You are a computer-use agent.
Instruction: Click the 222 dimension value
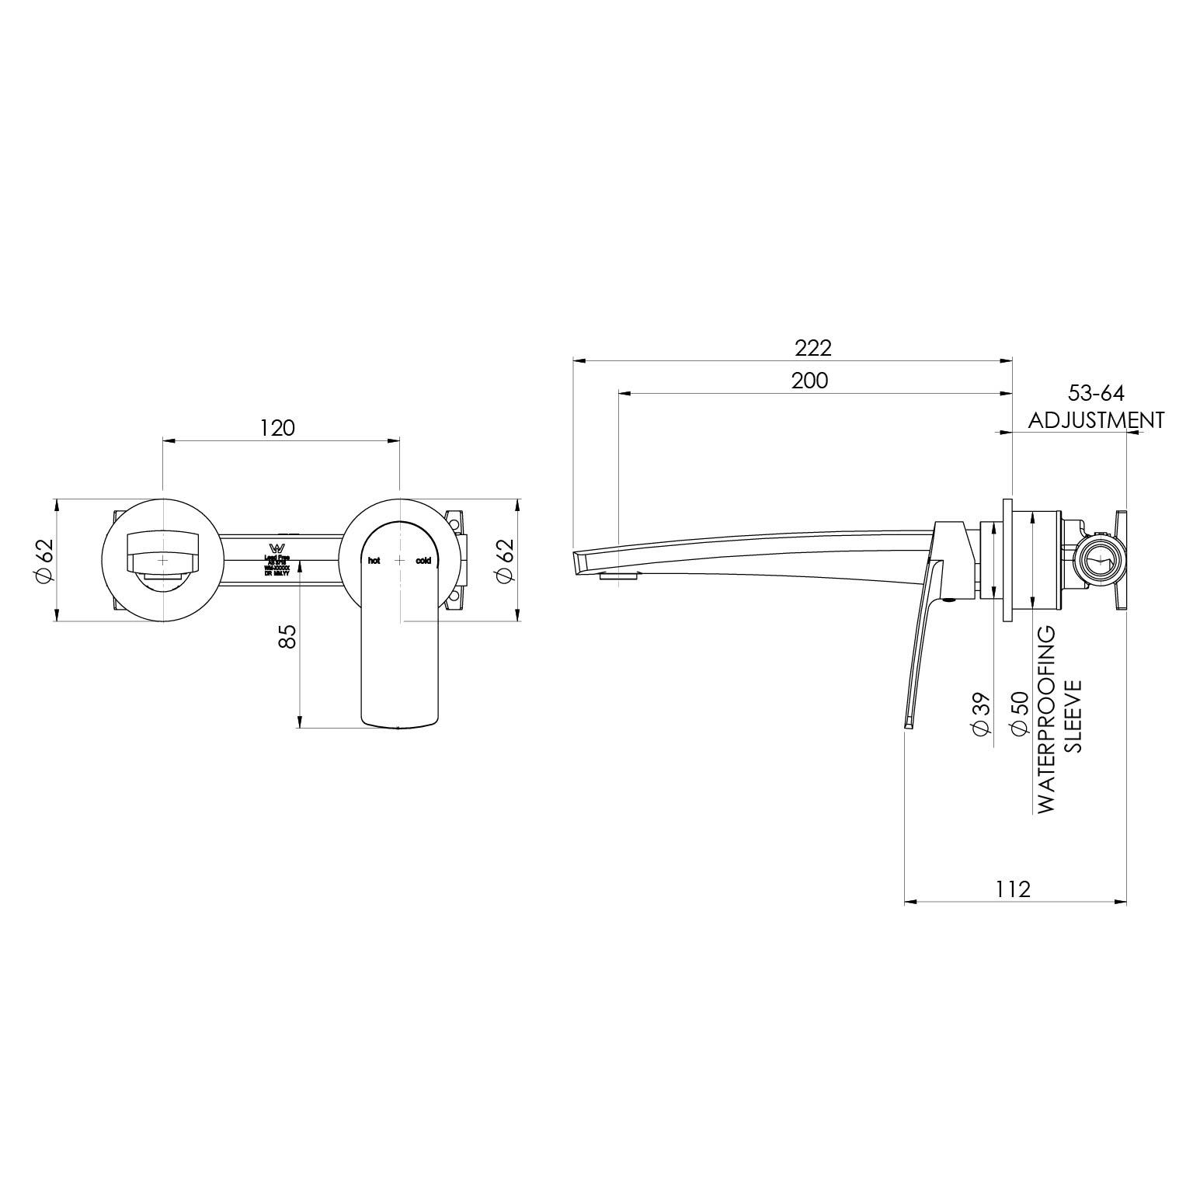tap(812, 347)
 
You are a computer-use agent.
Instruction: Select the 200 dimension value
tap(809, 381)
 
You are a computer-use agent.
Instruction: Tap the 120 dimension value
tap(277, 428)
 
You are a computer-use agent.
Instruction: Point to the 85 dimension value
tap(287, 636)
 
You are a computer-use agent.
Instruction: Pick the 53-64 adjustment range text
tap(1096, 393)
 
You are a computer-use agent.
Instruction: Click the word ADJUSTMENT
tap(1096, 420)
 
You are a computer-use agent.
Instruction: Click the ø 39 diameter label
tap(980, 714)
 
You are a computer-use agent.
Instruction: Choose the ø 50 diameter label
tap(1020, 714)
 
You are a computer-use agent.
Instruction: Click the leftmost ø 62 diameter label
tap(44, 560)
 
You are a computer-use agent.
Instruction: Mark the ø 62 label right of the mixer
tap(505, 560)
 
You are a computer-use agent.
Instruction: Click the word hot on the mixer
tap(374, 560)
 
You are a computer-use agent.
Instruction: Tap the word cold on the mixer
tap(423, 560)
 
